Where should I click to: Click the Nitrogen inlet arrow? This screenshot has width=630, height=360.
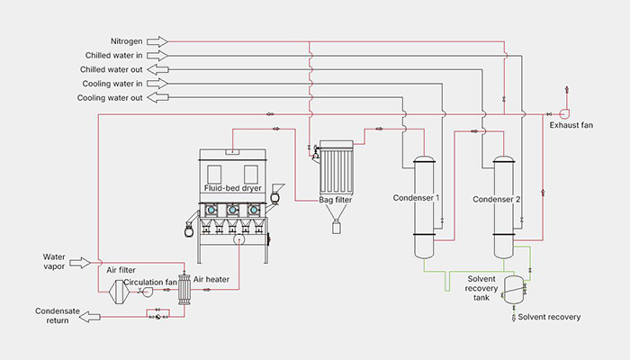(157, 41)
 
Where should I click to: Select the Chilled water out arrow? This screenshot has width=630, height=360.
(157, 69)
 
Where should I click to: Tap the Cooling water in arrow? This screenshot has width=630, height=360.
(157, 84)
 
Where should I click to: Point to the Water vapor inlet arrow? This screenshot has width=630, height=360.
(80, 263)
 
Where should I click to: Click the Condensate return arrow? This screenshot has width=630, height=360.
(90, 317)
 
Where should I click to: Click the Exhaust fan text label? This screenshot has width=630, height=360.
(571, 125)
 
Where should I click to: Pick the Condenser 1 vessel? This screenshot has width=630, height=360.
(424, 207)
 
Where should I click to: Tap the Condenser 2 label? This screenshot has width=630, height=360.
(496, 199)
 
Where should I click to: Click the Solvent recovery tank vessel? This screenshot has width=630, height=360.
(514, 289)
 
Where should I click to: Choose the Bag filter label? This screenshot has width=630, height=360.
(336, 200)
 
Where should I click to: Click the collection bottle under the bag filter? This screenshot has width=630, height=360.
(337, 227)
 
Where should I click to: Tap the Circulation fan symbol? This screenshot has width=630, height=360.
(148, 292)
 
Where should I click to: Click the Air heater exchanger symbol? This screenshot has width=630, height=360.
(184, 289)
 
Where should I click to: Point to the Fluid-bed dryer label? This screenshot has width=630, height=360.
(232, 188)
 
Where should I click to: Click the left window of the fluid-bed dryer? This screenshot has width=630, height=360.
(214, 174)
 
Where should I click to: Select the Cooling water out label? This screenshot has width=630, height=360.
(110, 98)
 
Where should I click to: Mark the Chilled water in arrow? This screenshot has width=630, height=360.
(157, 56)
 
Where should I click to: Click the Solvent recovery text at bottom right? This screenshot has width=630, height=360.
(549, 317)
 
